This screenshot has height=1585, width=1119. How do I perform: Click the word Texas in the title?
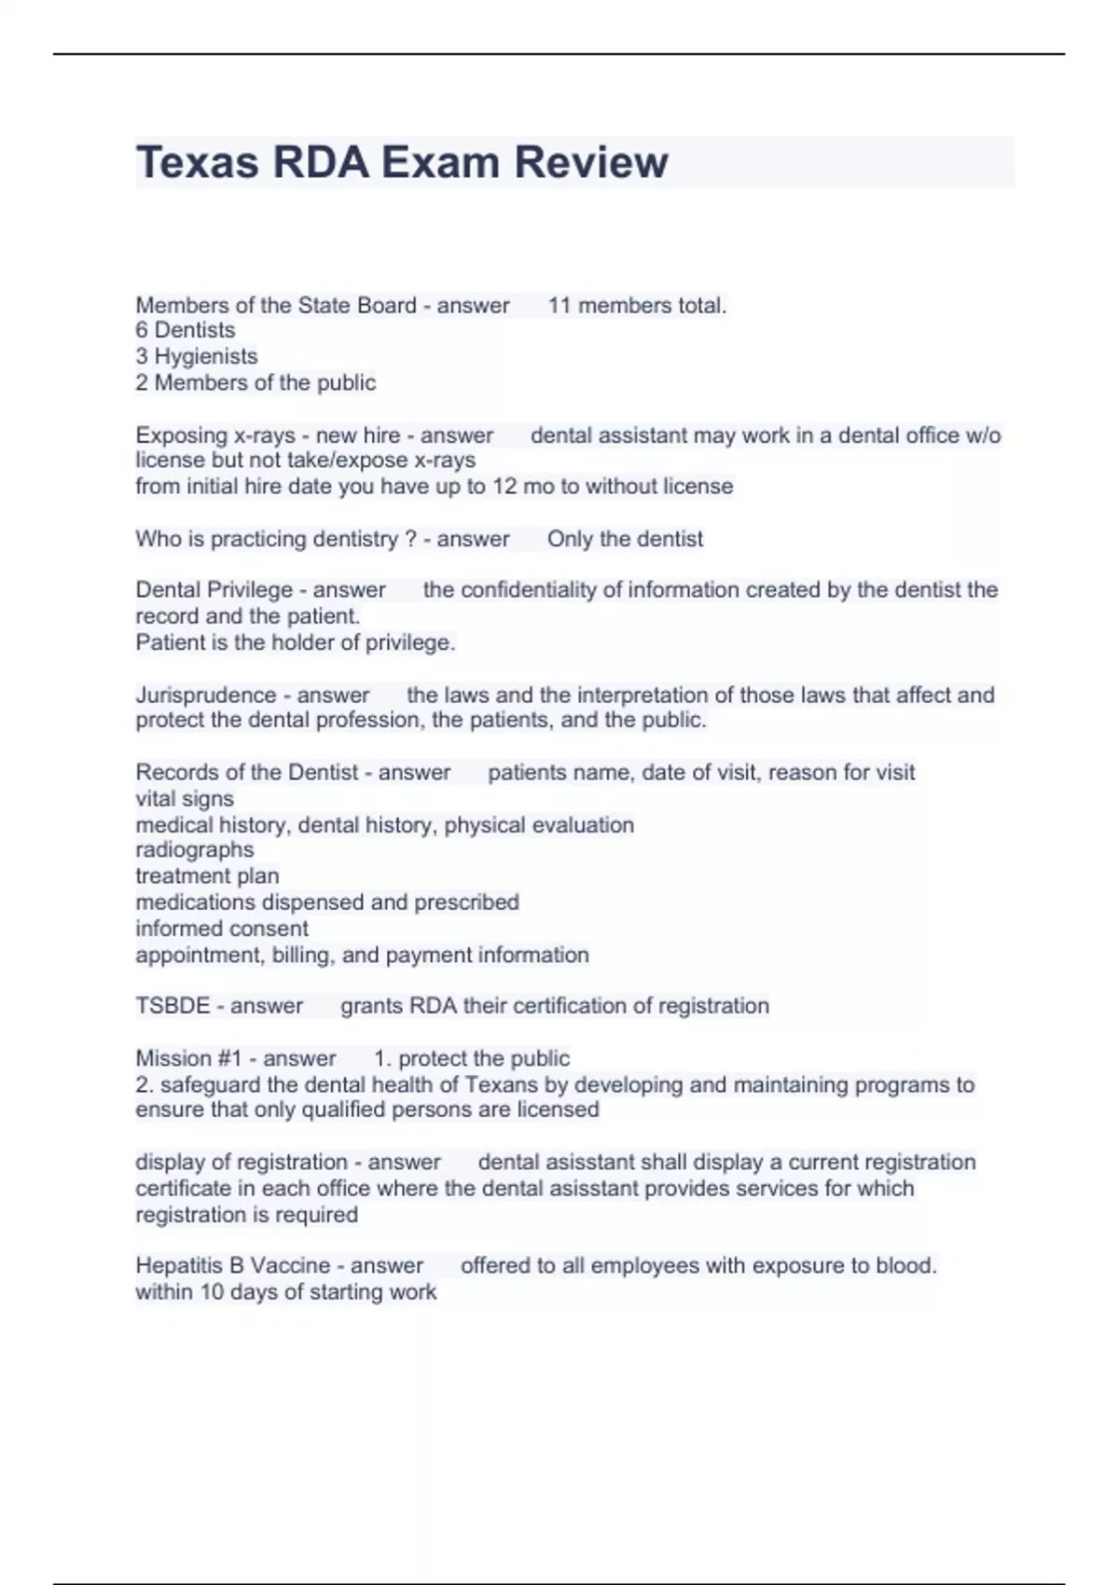197,162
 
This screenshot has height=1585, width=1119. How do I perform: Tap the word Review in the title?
591,162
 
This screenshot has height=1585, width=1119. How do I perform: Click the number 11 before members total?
559,305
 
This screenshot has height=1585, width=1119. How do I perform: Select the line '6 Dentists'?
186,330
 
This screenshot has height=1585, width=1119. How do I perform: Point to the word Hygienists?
206,356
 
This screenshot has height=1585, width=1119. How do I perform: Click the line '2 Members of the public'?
256,382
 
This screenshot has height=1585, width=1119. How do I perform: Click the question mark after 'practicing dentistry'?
410,539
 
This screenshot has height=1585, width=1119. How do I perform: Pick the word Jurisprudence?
206,695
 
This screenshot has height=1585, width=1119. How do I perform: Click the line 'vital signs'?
185,799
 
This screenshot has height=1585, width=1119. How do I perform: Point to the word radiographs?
195,849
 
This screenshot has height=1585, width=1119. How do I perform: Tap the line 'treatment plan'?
207,875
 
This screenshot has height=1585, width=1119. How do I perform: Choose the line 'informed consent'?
222,929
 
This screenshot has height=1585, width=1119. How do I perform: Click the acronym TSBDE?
173,1006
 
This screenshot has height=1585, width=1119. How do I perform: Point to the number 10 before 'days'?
213,1292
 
